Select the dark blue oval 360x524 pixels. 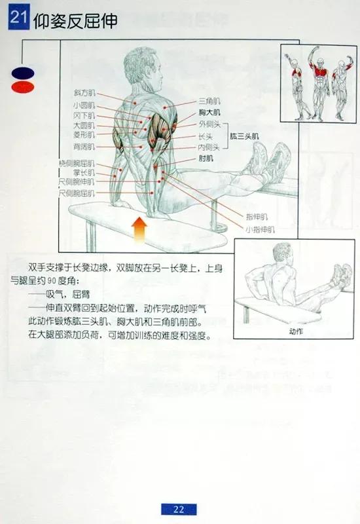pyautogui.click(x=22, y=72)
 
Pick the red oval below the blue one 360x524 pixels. pyautogui.click(x=22, y=86)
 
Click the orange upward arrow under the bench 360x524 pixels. pyautogui.click(x=140, y=231)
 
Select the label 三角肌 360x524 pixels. pyautogui.click(x=207, y=102)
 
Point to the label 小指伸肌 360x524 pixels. pyautogui.click(x=261, y=229)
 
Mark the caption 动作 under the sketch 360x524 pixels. pyautogui.click(x=296, y=331)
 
